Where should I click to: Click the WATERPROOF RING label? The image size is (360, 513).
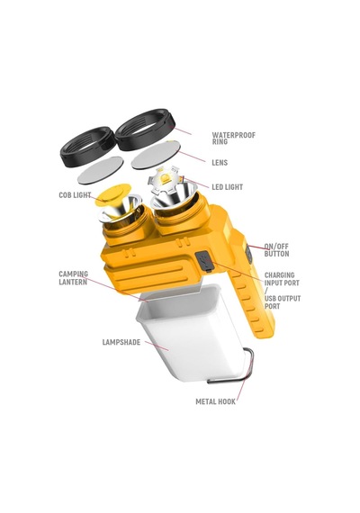(234, 138)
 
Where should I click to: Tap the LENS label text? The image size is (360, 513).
(220, 163)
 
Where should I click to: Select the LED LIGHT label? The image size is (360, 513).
(228, 187)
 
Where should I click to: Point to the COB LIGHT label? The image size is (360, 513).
(75, 195)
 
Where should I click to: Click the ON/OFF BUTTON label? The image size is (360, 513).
(276, 250)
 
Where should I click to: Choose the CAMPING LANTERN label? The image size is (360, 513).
(73, 278)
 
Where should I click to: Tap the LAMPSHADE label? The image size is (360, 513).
(121, 342)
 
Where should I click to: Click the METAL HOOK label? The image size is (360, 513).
(215, 401)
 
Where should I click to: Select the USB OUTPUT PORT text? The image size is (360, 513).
(283, 302)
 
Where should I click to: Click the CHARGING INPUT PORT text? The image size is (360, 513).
(282, 279)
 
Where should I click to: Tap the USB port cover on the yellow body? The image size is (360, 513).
(204, 261)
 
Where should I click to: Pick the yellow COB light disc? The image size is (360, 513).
(113, 194)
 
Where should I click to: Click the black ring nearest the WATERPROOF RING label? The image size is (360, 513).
(146, 130)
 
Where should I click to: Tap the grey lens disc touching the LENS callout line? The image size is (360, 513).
(156, 155)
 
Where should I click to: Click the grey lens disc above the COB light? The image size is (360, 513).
(101, 170)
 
